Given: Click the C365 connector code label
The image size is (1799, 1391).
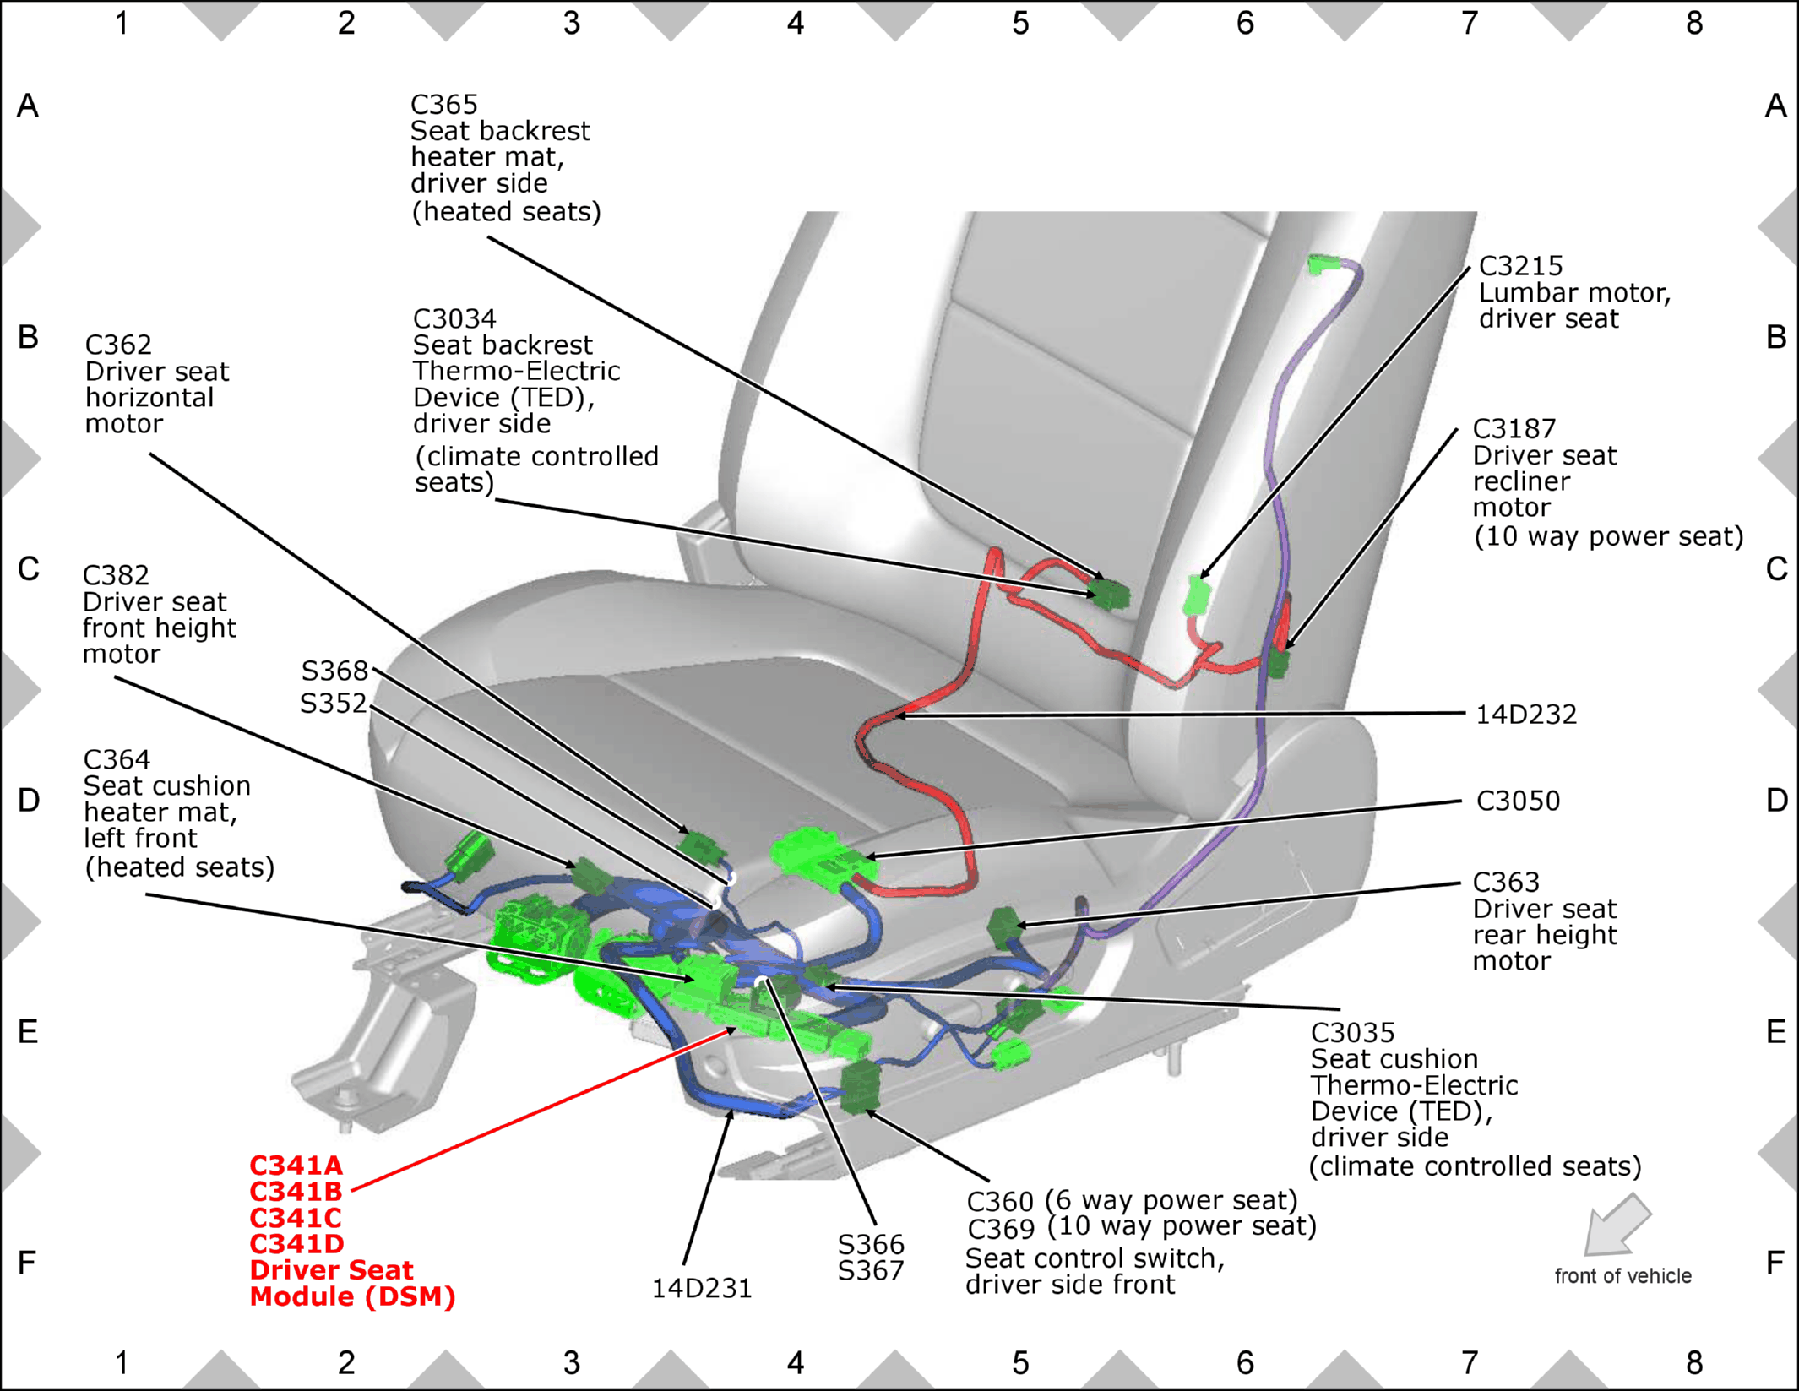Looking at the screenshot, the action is [x=444, y=105].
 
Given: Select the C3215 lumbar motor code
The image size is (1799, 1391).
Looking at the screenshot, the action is [x=1521, y=266].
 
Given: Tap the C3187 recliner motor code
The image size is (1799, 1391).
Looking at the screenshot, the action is [x=1514, y=429].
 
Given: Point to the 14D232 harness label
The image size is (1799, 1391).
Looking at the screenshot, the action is [x=1526, y=715].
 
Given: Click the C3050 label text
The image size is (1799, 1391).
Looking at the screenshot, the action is [x=1518, y=801].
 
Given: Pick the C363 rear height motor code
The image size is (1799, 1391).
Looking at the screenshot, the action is [x=1506, y=883].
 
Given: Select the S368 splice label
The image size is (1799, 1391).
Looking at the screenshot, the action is [x=334, y=671].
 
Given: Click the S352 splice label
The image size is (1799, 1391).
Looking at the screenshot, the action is [x=334, y=704].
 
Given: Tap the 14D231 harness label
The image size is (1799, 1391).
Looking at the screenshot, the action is [x=702, y=1288].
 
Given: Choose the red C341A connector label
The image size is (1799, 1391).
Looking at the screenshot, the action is [x=296, y=1166].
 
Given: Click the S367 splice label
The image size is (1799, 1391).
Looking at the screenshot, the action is [x=871, y=1270].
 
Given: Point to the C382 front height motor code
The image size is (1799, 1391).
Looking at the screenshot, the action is [x=116, y=575].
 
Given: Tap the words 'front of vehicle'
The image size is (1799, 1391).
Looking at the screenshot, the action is [x=1623, y=1276].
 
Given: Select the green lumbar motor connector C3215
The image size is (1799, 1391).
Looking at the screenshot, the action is [x=1197, y=595].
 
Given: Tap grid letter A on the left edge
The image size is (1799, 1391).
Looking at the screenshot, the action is [x=28, y=106].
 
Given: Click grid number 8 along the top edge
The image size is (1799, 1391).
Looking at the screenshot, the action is [x=1694, y=23].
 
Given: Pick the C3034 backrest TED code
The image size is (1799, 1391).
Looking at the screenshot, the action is [x=454, y=319].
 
